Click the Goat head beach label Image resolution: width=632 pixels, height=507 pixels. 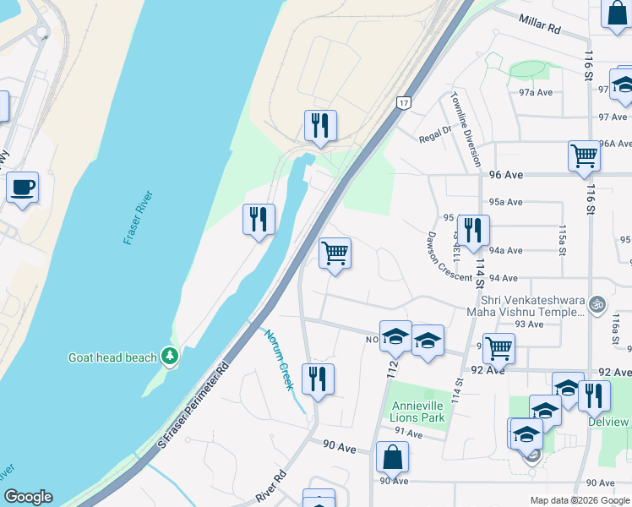112,357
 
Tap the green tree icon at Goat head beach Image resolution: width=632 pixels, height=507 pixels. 171,357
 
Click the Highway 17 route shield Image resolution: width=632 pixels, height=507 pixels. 403,102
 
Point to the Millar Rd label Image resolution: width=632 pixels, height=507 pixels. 542,28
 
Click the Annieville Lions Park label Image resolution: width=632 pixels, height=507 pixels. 417,412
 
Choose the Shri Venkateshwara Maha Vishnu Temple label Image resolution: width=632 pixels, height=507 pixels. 531,306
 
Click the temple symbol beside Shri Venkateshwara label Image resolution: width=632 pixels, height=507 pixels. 597,302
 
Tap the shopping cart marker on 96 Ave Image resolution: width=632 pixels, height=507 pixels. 584,155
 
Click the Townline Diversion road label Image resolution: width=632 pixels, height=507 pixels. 467,128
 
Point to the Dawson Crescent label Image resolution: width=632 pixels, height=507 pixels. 448,256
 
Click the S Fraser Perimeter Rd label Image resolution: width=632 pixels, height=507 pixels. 193,406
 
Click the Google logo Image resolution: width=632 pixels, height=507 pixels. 28,497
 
